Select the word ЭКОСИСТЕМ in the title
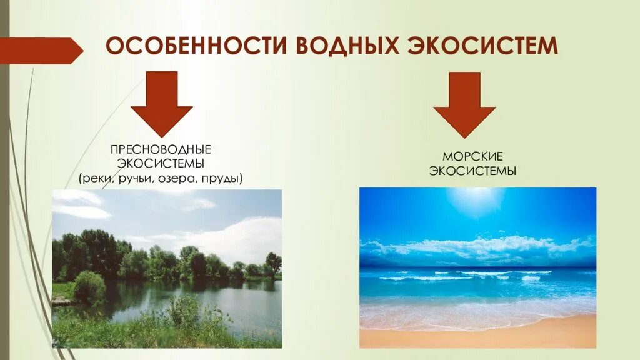click(482, 47)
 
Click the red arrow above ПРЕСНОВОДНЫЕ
click(161, 104)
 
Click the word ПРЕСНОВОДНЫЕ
click(161, 150)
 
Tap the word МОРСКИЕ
click(472, 156)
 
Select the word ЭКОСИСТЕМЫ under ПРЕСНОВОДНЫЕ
click(161, 164)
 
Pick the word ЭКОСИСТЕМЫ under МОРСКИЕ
click(472, 171)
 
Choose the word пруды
click(224, 179)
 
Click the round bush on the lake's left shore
click(89, 286)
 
